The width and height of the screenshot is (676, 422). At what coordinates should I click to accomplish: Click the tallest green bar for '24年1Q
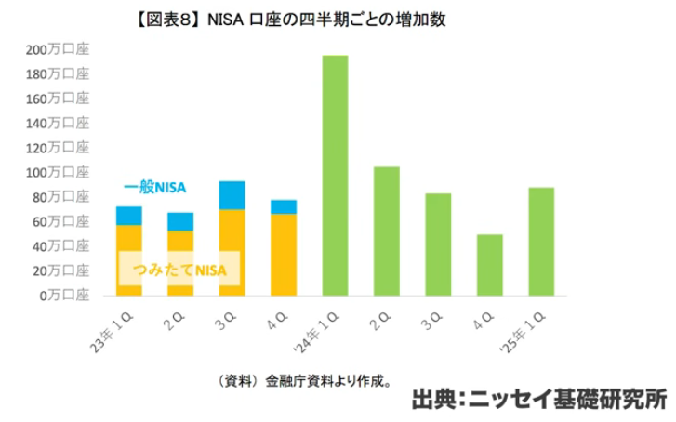335,176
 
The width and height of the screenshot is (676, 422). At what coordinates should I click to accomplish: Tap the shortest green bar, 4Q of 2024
490,265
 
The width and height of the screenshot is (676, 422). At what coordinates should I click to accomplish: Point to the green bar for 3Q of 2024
438,244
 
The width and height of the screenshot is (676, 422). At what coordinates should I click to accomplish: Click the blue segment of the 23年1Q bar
129,216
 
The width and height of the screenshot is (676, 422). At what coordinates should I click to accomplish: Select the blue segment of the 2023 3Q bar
232,195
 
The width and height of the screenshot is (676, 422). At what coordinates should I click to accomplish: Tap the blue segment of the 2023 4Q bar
284,206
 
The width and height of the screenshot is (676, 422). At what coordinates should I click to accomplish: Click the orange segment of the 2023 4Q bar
284,256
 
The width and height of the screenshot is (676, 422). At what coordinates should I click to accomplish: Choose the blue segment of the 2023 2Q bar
180,221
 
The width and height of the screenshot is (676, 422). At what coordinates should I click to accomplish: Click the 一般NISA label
155,188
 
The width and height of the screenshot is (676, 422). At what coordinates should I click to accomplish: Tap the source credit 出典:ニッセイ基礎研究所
538,399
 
